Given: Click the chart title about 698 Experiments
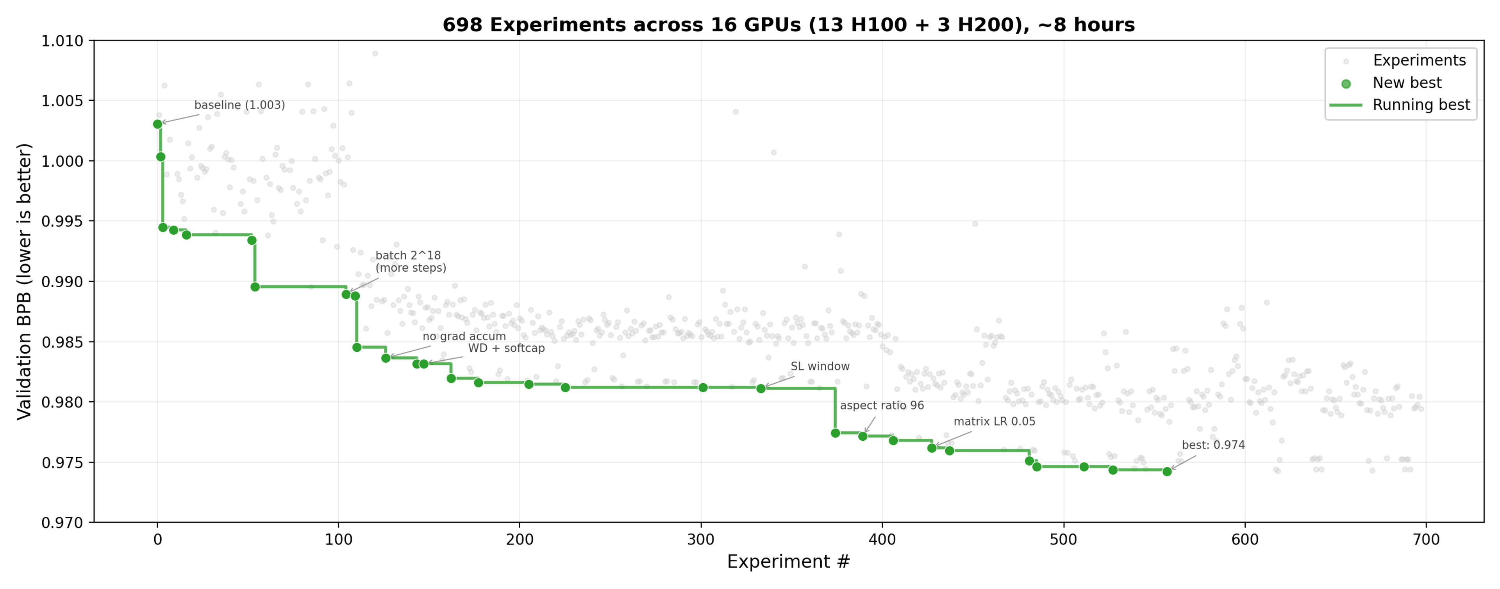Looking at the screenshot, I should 788,25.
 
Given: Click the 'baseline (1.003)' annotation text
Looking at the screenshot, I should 239,105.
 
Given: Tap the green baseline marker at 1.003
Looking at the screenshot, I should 157,124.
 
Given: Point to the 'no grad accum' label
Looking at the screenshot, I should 464,336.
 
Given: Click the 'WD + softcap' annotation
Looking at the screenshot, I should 506,348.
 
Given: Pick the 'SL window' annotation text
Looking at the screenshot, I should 820,366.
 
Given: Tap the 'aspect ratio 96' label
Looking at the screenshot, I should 882,406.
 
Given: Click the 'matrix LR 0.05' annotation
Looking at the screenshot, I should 994,422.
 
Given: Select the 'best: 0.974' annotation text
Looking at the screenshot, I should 1213,445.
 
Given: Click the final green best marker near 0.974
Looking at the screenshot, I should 1167,472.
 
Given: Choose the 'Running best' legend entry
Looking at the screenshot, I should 1421,105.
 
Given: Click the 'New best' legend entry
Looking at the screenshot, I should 1406,83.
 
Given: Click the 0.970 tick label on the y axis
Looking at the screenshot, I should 62,523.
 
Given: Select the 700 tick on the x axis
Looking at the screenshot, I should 1426,539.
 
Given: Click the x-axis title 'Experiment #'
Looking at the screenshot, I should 788,562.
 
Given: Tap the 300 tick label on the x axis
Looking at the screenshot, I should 700,539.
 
